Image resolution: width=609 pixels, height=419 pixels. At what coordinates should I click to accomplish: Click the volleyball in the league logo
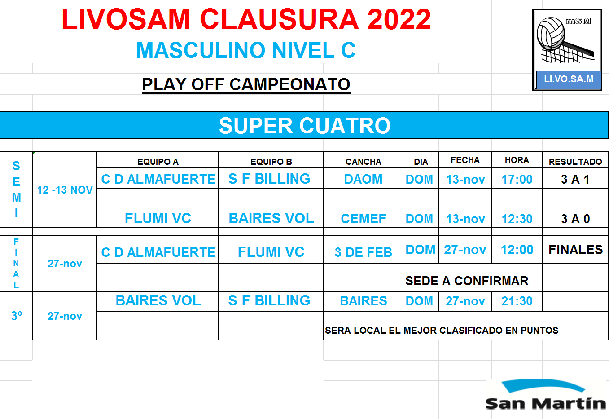click(x=551, y=34)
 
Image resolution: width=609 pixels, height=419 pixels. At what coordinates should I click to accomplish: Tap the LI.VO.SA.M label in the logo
click(x=569, y=79)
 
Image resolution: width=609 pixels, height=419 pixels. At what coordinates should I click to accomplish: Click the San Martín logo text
click(x=546, y=403)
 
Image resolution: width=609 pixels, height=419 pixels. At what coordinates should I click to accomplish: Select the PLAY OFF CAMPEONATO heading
click(x=246, y=84)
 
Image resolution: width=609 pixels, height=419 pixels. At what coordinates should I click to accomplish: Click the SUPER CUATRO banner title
click(x=305, y=126)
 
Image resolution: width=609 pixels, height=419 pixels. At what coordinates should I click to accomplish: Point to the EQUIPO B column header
click(x=271, y=162)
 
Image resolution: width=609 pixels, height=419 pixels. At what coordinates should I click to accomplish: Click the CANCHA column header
click(x=364, y=162)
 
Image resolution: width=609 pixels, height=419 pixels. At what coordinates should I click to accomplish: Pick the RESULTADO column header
click(x=575, y=162)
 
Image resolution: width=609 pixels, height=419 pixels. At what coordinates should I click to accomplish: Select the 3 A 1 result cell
click(x=575, y=179)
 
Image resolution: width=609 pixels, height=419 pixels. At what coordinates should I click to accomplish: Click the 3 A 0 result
click(x=575, y=219)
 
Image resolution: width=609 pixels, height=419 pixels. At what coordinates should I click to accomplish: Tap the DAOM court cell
click(x=363, y=179)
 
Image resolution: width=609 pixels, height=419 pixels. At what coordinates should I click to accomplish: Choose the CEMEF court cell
click(x=364, y=219)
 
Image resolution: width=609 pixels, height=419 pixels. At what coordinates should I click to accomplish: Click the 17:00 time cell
click(x=517, y=180)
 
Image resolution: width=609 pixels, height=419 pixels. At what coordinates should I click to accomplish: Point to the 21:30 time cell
click(x=517, y=301)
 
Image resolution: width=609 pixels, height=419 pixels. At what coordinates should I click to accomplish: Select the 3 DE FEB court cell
click(x=363, y=252)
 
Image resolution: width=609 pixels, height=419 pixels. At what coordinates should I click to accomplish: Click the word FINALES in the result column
click(x=575, y=250)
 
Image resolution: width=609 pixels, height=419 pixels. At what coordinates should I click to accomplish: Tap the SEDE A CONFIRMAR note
click(x=467, y=281)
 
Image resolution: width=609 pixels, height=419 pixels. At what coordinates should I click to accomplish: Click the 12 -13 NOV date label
click(x=65, y=190)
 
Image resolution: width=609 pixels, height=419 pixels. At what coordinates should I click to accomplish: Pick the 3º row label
click(x=17, y=316)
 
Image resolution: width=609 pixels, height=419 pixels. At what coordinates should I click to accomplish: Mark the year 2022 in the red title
click(x=399, y=19)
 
